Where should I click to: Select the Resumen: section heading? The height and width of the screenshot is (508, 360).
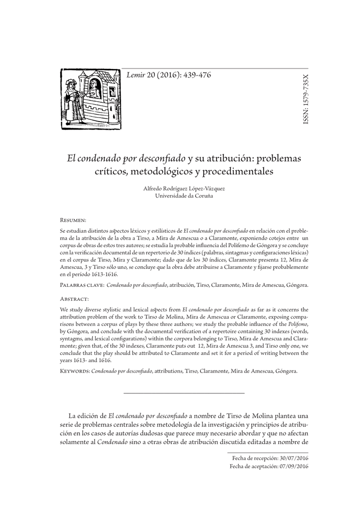[73, 219]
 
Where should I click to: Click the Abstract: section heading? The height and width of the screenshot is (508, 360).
[74, 299]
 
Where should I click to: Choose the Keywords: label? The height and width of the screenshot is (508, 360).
[75, 371]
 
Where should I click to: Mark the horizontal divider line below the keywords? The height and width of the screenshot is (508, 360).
[184, 393]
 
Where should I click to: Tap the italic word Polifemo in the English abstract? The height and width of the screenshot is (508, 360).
[297, 324]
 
